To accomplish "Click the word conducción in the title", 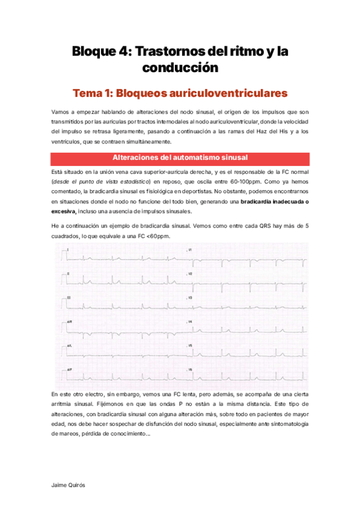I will (180, 68).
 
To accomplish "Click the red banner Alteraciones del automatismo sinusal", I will (180, 158).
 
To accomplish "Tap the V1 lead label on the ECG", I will (190, 250).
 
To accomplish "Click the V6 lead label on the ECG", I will (190, 369).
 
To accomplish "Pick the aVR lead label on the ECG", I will (70, 322).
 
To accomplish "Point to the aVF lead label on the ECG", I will (70, 369).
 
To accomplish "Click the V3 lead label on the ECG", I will (190, 298).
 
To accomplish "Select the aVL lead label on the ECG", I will (70, 346).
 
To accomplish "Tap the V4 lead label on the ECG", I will (190, 322).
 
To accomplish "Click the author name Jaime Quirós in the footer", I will (68, 483).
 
